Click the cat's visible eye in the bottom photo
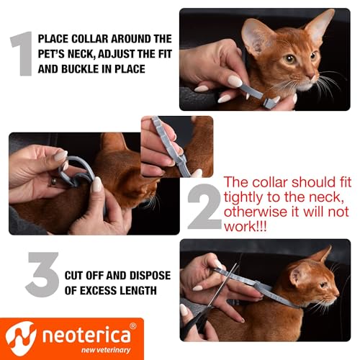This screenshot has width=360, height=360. click(312, 280)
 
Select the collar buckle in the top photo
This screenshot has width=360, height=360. click(268, 102)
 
